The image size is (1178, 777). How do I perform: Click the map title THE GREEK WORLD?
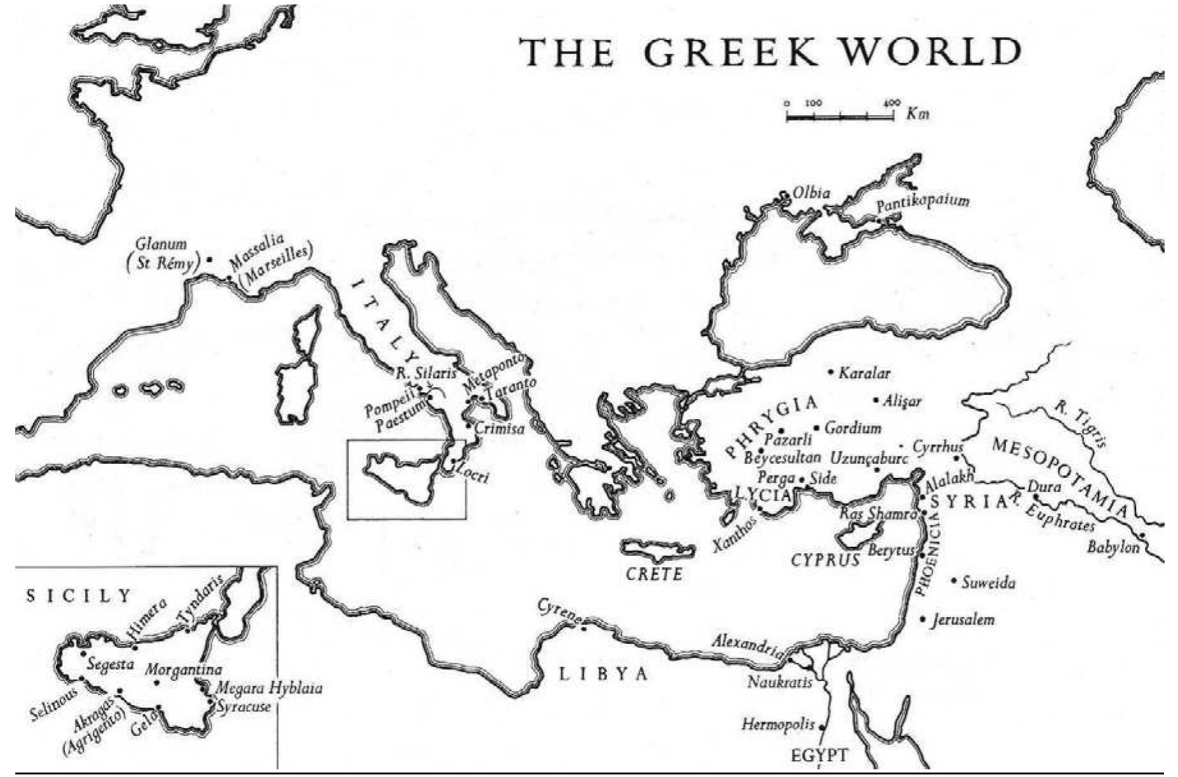771,52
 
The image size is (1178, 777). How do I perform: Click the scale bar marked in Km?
840,116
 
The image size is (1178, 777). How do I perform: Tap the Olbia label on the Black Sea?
811,192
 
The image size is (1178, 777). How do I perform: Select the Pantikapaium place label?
922,204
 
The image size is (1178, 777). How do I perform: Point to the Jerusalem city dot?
923,619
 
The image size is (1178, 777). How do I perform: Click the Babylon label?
1113,547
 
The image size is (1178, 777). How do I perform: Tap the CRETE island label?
654,573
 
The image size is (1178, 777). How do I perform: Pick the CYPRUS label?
825,560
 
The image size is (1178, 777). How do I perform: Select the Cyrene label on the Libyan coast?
559,610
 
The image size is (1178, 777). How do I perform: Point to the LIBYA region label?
603,674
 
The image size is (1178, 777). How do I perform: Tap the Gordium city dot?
817,428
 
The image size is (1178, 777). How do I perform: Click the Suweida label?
988,582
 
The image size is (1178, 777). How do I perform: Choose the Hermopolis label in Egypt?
778,724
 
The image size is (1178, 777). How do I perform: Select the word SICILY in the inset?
78,596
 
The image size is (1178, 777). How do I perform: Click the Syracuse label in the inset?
244,707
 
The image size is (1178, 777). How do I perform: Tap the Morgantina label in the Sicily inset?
183,669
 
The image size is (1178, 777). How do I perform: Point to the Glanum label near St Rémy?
161,244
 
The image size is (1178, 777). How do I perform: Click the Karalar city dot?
831,372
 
